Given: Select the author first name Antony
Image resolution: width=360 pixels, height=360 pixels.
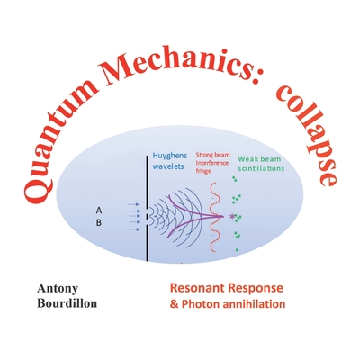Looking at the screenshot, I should point(57,290).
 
